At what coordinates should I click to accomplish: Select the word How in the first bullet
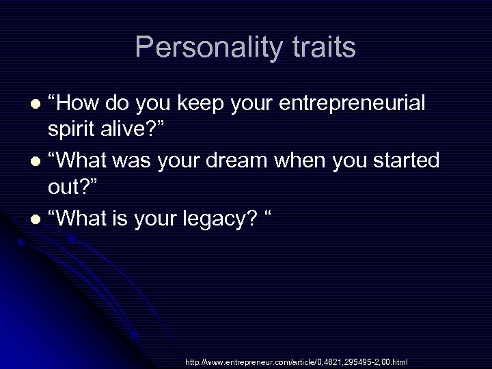click(x=80, y=104)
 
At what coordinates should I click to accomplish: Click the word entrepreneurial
click(x=353, y=104)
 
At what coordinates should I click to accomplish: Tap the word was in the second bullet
click(x=131, y=161)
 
